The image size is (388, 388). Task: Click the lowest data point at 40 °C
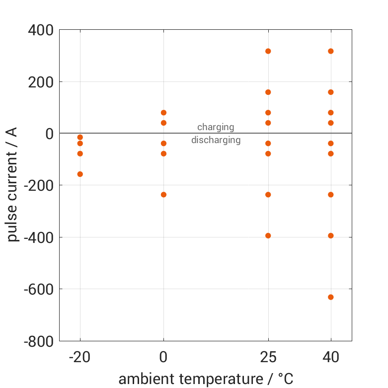coord(331,297)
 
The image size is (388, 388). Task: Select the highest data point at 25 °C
coord(268,51)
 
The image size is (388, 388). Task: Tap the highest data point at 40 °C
coord(331,51)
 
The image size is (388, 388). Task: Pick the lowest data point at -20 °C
coord(80,174)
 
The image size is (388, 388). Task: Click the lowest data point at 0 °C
coord(163,195)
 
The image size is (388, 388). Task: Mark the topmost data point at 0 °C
coord(163,113)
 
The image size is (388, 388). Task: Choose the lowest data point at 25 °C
coord(268,235)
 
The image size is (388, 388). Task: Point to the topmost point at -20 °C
coord(80,137)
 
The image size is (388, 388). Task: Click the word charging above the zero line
coord(216,127)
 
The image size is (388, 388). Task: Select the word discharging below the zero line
coord(216,140)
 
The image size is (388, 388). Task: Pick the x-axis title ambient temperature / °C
coord(206,379)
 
